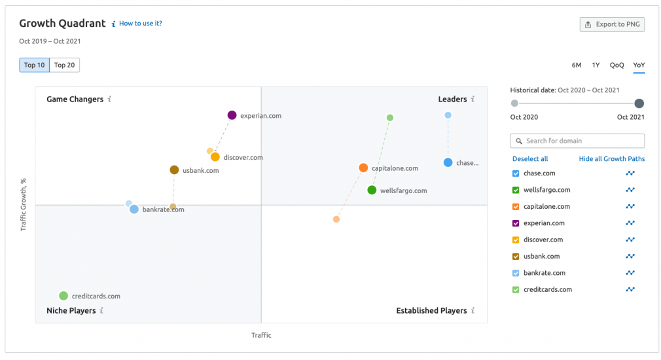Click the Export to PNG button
[613, 25]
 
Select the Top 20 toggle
[64, 65]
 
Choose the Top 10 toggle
[35, 65]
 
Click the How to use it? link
[140, 24]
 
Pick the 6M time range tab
[577, 65]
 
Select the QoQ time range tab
[616, 65]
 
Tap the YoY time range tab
[639, 65]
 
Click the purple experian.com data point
[232, 115]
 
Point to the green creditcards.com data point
[63, 296]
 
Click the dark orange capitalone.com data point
[363, 168]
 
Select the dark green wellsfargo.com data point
[372, 190]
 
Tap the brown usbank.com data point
[174, 170]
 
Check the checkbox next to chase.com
[516, 173]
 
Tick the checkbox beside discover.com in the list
[516, 240]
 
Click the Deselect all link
[530, 159]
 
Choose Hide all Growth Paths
[611, 159]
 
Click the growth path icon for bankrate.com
[630, 273]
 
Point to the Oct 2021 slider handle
[639, 103]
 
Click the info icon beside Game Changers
[110, 99]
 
